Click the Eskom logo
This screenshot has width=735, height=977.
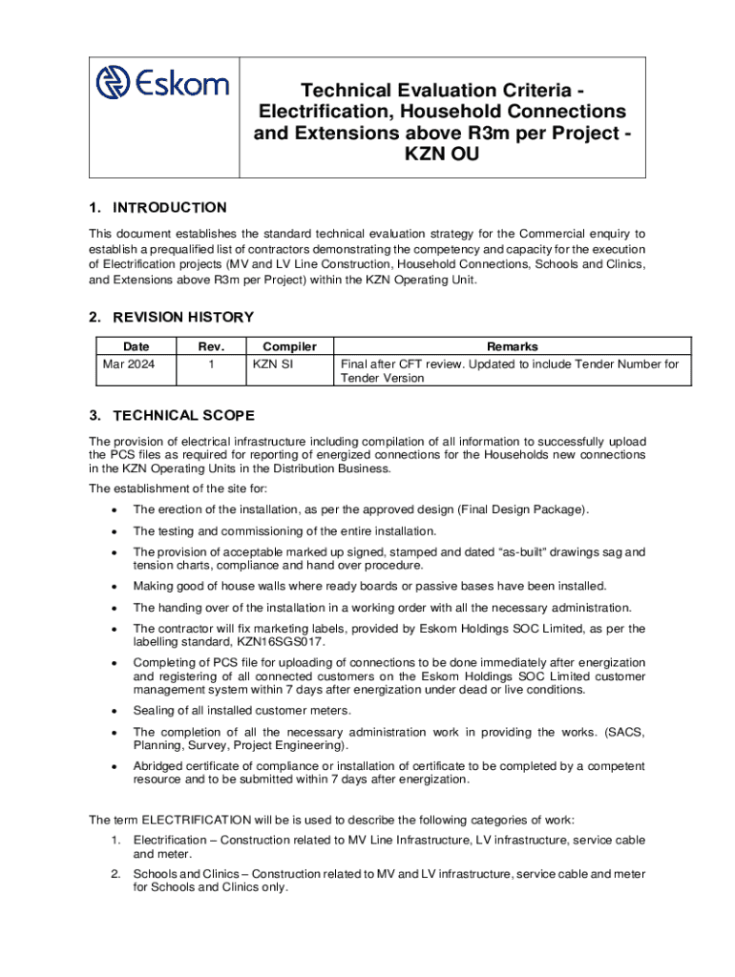(x=162, y=83)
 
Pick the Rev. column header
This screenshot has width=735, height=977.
(x=210, y=347)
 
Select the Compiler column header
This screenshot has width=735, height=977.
(x=289, y=347)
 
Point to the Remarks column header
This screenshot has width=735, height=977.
(x=512, y=347)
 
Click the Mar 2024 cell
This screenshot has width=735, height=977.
(x=128, y=364)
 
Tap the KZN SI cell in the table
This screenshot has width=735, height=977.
(x=273, y=364)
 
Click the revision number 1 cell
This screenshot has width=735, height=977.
(x=210, y=364)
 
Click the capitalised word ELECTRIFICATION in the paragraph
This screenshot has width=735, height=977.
(x=197, y=820)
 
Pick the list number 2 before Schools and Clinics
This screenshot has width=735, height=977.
(x=115, y=874)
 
